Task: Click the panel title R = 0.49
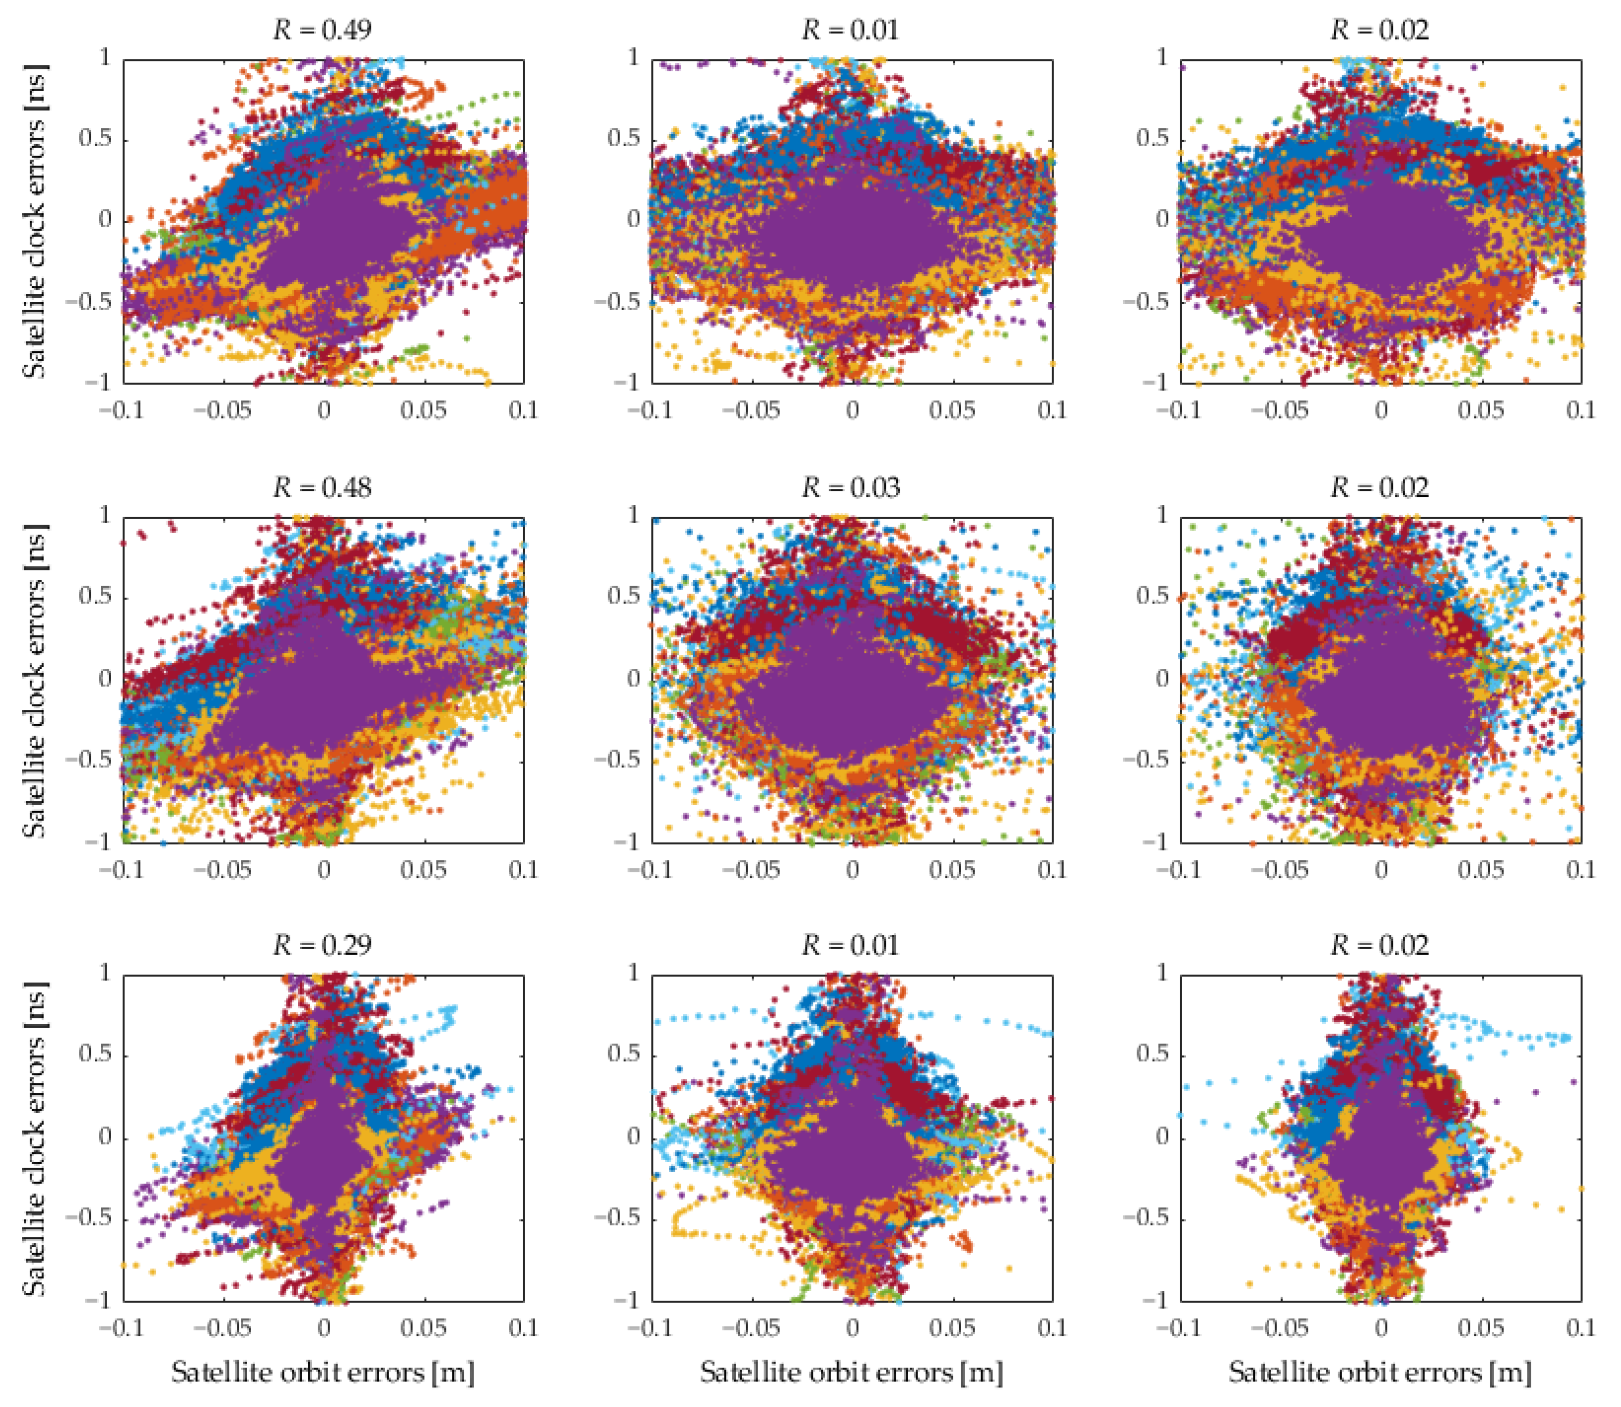pyautogui.click(x=323, y=30)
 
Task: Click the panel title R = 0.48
pyautogui.click(x=323, y=488)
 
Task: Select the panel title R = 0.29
pyautogui.click(x=323, y=945)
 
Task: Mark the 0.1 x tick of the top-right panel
pyautogui.click(x=1580, y=410)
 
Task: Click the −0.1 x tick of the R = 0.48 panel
pyautogui.click(x=123, y=869)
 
